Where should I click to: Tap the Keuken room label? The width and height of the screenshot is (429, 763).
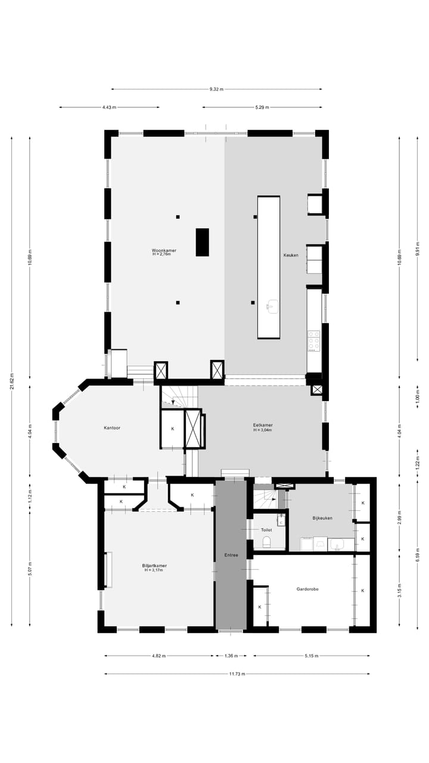(x=291, y=255)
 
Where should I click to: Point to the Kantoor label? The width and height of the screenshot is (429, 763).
(x=112, y=428)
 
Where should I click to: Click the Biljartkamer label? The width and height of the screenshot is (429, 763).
(x=154, y=567)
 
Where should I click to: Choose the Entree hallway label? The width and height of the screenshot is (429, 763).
(x=231, y=555)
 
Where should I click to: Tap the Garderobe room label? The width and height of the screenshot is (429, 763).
(x=307, y=589)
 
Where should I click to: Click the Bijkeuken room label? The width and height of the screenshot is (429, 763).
(x=322, y=518)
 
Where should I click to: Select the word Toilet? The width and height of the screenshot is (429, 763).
(x=266, y=529)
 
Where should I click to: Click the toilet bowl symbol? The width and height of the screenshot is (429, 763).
(x=266, y=542)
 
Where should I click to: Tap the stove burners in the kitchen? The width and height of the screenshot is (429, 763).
(x=313, y=340)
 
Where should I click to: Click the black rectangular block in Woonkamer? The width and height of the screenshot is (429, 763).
(x=203, y=242)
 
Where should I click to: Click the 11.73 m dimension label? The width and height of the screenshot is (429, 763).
(x=237, y=674)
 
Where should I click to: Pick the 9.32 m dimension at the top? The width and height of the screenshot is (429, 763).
(x=216, y=89)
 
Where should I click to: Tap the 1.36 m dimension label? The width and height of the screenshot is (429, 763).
(x=231, y=656)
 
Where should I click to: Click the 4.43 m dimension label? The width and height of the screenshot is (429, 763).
(x=109, y=107)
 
